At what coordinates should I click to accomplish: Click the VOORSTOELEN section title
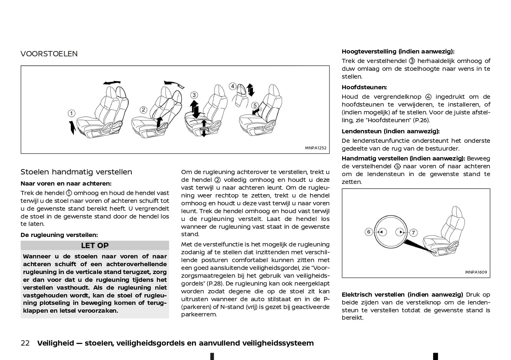coord(49,54)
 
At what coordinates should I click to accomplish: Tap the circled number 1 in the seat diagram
coord(72,114)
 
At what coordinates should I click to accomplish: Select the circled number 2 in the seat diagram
coord(143,110)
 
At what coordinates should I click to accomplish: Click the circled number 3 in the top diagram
coord(194,95)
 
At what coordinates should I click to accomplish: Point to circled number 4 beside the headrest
coord(233,86)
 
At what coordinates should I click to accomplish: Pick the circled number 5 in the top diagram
coord(255,106)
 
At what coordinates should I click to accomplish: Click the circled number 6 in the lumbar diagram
coord(369,232)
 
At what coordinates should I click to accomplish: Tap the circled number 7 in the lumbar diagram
coord(413,232)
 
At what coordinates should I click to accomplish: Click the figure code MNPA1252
coord(315,148)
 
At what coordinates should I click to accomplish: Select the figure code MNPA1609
coord(476,272)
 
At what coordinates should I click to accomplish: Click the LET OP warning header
coord(95,246)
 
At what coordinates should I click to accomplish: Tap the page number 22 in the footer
coord(25,343)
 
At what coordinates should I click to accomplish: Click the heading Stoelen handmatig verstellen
coord(76,172)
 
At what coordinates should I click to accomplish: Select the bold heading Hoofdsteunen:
coord(364,87)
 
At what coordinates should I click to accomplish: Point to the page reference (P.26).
coord(420,120)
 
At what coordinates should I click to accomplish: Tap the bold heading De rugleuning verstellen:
coord(59,235)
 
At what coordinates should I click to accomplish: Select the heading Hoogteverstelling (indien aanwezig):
coord(398,51)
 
